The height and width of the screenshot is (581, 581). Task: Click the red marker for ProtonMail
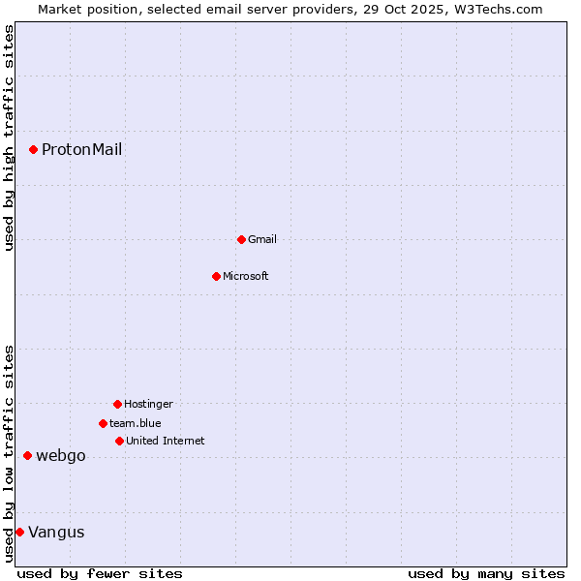point(33,149)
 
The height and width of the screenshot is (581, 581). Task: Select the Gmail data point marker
point(241,239)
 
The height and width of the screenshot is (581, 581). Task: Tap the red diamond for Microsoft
point(216,276)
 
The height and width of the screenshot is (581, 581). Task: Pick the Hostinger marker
point(117,404)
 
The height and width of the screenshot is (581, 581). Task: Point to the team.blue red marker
point(103,423)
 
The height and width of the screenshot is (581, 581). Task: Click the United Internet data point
point(119,441)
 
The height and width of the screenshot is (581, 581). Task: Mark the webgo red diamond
point(27,455)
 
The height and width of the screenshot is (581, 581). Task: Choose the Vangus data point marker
point(19,532)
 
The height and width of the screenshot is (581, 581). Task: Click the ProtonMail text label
point(81,149)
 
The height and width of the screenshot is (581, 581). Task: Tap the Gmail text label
point(262,239)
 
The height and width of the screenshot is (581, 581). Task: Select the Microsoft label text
point(246,276)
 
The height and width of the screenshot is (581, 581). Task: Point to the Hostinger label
point(148,404)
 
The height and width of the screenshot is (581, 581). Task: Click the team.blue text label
point(136,423)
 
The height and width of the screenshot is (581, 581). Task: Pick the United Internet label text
point(166,441)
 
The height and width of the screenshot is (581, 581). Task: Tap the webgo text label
point(61,455)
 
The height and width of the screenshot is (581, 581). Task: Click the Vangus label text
point(56,532)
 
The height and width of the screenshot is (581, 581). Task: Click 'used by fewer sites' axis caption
point(100,573)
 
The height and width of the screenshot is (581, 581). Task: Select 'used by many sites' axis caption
point(486,573)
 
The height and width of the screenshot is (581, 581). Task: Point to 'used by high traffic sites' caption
point(9,138)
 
